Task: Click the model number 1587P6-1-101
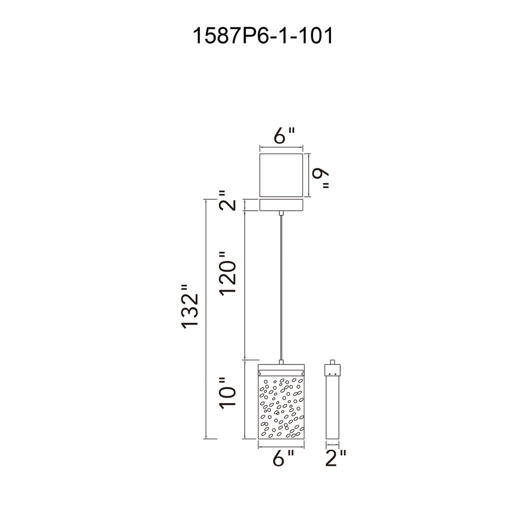263,36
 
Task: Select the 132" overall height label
190,306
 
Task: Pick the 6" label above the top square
285,136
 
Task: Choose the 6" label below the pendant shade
283,458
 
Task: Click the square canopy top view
281,175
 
